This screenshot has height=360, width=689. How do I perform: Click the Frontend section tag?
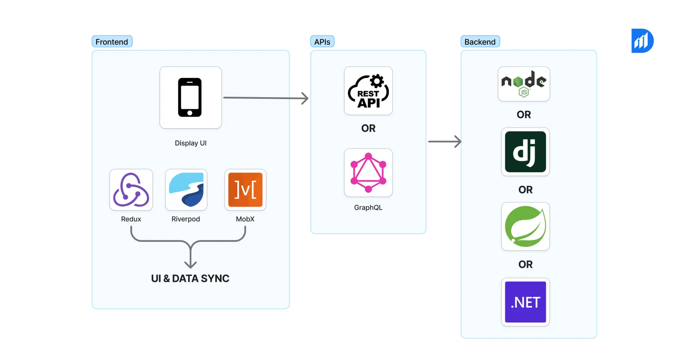112,42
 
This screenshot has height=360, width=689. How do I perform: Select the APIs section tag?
322,42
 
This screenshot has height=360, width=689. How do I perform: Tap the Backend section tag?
480,42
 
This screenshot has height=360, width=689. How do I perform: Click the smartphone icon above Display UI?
190,98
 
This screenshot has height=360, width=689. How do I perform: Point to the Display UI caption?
190,143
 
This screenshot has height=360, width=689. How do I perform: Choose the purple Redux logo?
131,190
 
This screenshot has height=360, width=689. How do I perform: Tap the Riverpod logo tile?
186,190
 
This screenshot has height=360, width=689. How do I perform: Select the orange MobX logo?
245,190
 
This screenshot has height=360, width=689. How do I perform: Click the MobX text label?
245,219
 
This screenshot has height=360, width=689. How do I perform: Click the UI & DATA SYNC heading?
190,279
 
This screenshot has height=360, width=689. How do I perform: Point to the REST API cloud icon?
368,91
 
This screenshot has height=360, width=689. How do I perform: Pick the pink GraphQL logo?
368,173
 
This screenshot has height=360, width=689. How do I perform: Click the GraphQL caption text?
368,208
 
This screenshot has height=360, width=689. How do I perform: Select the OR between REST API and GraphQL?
368,129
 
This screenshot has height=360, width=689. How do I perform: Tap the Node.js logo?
524,84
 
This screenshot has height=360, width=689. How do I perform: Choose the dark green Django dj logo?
525,152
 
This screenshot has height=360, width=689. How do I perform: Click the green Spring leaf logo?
525,226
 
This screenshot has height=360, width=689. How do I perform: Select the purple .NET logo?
525,302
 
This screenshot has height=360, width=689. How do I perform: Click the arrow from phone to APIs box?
266,98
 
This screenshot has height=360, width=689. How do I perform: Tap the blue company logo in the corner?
642,41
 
